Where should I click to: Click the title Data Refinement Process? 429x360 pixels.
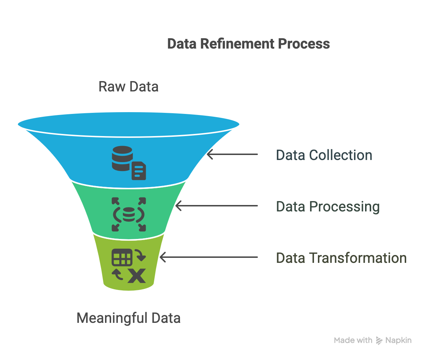[x=248, y=44]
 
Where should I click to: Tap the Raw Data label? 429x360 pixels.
[x=129, y=87]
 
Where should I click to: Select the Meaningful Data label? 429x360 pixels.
[x=129, y=318]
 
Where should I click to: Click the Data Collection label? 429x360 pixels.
[x=324, y=155]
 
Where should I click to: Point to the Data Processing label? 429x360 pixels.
[x=328, y=206]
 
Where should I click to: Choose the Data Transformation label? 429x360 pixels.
[x=341, y=258]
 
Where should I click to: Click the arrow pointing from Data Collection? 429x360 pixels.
[x=232, y=154]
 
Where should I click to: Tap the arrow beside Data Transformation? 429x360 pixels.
[x=209, y=257]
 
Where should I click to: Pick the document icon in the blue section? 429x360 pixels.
[x=139, y=171]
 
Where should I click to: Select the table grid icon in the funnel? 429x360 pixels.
[x=122, y=257]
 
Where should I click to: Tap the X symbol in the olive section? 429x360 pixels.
[x=136, y=276]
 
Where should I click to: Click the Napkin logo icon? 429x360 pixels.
[x=379, y=341]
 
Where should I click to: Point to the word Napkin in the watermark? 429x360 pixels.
[x=398, y=341]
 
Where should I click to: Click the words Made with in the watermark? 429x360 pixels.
[x=353, y=341]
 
